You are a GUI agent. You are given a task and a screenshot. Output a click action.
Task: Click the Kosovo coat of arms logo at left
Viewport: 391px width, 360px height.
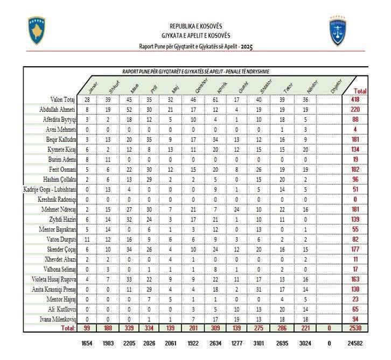pyautogui.click(x=37, y=30)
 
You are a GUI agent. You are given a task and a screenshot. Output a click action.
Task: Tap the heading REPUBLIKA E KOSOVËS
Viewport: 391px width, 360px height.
pyautogui.click(x=195, y=26)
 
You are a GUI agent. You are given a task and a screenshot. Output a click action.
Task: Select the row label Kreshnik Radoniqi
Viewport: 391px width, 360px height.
pyautogui.click(x=56, y=199)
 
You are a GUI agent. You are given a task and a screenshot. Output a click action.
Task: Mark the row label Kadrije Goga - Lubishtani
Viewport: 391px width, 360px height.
pyautogui.click(x=47, y=189)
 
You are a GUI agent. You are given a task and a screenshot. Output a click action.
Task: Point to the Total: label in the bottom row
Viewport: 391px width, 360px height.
pyautogui.click(x=67, y=328)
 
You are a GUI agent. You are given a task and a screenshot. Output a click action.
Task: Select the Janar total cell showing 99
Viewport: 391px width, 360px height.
pyautogui.click(x=86, y=328)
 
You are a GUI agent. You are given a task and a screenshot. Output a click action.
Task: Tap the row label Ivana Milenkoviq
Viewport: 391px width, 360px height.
pyautogui.click(x=57, y=318)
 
